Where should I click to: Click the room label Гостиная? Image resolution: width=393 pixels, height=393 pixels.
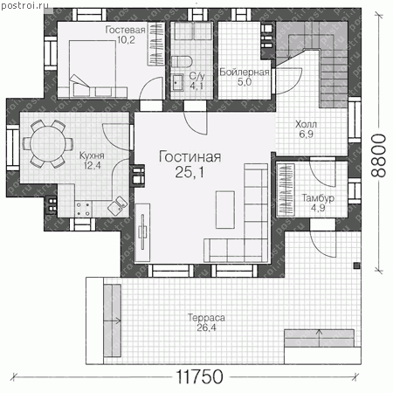tap(190, 157)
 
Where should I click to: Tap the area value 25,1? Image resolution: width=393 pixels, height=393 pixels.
tap(190, 172)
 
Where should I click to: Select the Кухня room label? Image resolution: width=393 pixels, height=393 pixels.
tap(92, 155)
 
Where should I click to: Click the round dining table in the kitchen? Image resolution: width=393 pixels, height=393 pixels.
tap(48, 143)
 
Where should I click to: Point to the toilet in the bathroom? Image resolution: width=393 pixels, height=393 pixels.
tap(182, 62)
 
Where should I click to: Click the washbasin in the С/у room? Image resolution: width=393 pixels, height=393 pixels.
tap(176, 83)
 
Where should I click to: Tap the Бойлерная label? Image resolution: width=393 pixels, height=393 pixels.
tap(244, 72)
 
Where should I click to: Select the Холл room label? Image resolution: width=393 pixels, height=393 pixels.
tap(306, 124)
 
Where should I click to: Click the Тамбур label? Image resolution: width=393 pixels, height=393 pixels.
tap(318, 198)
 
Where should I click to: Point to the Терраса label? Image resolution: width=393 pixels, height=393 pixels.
tap(206, 318)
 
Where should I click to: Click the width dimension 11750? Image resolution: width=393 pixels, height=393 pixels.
tap(200, 376)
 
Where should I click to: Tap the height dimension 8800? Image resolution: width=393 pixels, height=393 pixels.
tap(378, 155)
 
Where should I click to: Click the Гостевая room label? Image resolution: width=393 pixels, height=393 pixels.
tap(125, 30)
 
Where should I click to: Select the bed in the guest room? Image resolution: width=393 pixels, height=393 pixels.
tap(93, 69)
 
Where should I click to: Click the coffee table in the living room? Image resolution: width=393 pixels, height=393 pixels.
tap(225, 210)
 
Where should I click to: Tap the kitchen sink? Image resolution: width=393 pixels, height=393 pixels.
tap(118, 205)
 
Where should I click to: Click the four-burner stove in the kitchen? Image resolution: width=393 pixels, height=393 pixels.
tap(83, 209)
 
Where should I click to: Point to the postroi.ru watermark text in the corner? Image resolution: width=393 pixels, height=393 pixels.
tap(24, 5)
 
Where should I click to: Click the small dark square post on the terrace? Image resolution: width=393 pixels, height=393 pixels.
tap(356, 265)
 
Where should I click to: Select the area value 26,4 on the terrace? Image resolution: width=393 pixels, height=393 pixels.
tap(206, 327)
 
